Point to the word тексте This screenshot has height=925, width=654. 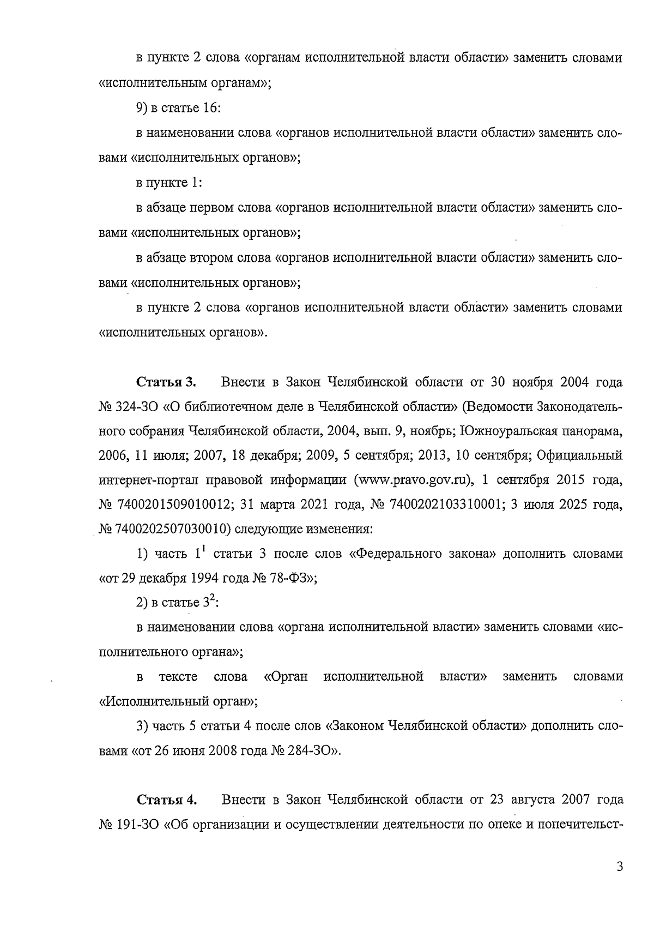(x=178, y=677)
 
